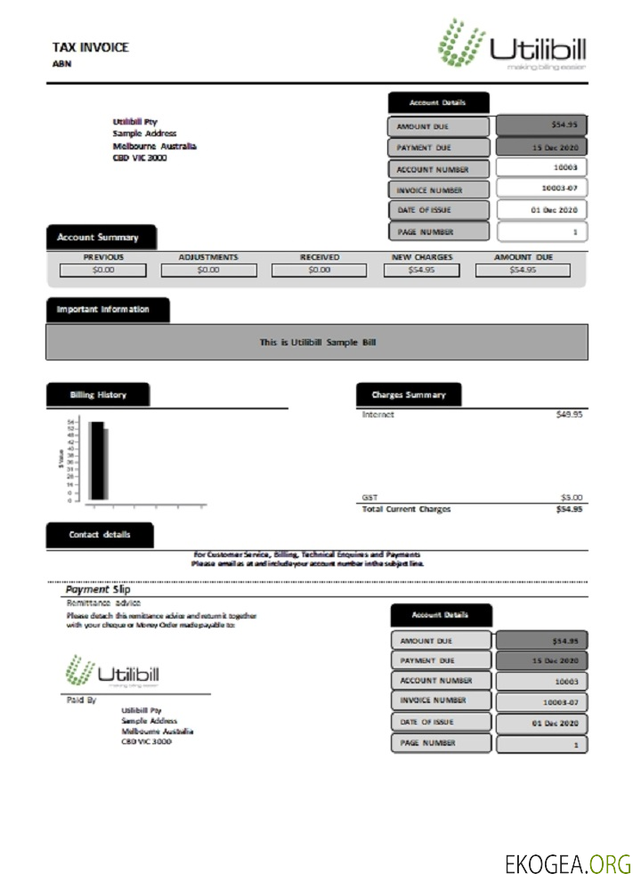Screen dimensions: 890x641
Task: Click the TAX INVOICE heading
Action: point(90,47)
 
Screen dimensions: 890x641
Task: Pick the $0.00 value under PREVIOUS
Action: point(103,270)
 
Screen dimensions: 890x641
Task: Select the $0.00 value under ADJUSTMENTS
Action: point(208,270)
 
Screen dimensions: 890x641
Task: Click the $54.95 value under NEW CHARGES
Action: point(422,270)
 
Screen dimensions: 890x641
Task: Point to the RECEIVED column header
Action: point(319,257)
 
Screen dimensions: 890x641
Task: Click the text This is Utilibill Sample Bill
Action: point(316,342)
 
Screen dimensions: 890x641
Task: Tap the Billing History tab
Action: point(98,395)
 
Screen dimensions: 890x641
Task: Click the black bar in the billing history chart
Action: point(95,460)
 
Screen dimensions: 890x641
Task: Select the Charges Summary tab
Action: point(409,395)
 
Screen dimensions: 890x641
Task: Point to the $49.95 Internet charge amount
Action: point(568,415)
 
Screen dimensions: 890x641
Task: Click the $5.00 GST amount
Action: point(571,498)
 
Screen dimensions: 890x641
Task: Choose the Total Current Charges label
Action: point(406,509)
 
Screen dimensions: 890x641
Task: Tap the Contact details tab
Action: point(99,535)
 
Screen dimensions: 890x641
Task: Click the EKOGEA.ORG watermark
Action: point(567,863)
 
